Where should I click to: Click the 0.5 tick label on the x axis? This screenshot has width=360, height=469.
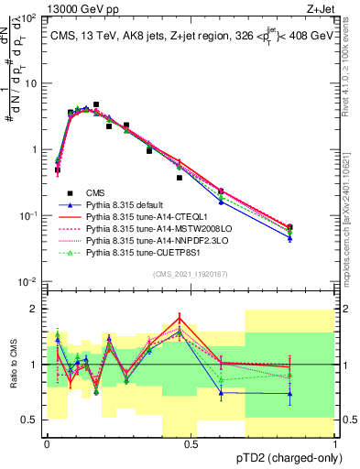(191, 443)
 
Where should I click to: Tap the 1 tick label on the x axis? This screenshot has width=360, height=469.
(334, 443)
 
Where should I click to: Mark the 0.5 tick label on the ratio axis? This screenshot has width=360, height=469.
(30, 420)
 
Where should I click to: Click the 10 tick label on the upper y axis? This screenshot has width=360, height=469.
(30, 83)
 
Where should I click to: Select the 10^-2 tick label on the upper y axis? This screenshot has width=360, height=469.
(28, 281)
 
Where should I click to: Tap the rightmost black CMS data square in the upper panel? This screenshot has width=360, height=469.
(290, 227)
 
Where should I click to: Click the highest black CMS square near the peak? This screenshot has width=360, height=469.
(96, 105)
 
